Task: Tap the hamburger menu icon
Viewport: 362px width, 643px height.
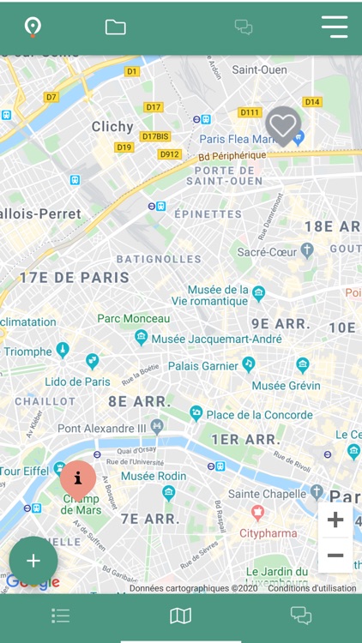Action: [x=335, y=27]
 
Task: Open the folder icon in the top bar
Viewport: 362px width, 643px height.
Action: [x=116, y=27]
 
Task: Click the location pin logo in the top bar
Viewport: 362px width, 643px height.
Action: [x=33, y=27]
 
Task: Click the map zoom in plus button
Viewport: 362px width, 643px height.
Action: [x=335, y=520]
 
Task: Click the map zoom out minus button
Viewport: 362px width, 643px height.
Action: [x=335, y=556]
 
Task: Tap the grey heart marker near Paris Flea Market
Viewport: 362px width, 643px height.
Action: [x=283, y=125]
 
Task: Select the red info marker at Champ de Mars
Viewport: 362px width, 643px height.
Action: [x=78, y=478]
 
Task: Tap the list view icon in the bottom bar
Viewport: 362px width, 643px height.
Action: [x=60, y=616]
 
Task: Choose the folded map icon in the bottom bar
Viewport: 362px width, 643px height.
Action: [x=180, y=616]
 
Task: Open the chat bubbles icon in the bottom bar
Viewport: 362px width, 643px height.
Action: [x=300, y=615]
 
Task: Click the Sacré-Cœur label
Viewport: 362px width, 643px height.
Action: [x=267, y=252]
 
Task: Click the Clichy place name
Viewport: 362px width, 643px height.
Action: [x=113, y=127]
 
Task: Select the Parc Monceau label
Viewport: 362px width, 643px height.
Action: [x=134, y=318]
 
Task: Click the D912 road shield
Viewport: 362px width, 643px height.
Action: [x=170, y=154]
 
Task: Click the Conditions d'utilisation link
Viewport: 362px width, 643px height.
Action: [x=311, y=588]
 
